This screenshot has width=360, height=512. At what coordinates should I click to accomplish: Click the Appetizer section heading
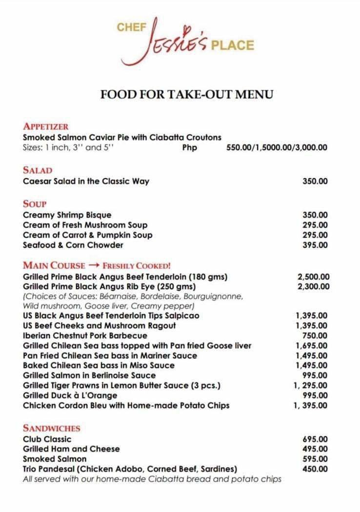[45, 126]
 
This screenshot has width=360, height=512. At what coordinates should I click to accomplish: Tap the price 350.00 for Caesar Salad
[315, 182]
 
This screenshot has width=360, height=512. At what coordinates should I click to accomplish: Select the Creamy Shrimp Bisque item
[67, 215]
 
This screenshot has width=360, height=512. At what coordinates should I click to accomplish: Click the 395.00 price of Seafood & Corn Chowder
[315, 245]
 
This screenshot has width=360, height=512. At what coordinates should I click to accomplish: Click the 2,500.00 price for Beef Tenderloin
[313, 277]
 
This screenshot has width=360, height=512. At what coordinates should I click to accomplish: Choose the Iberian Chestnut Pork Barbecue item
[85, 336]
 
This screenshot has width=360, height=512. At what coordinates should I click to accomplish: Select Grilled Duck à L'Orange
[70, 395]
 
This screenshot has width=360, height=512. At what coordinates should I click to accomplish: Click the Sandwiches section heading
[51, 428]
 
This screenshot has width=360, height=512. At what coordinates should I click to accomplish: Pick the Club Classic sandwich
[47, 439]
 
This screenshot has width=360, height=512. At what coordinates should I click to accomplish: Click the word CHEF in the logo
[131, 27]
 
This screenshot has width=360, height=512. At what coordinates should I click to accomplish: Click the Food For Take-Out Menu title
[186, 94]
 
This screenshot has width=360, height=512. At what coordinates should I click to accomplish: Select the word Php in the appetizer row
[189, 147]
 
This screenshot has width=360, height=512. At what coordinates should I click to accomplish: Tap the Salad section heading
[37, 170]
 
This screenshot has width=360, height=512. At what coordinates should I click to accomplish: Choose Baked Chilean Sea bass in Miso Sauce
[99, 366]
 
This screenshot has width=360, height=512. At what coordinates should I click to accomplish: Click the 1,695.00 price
[312, 346]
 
